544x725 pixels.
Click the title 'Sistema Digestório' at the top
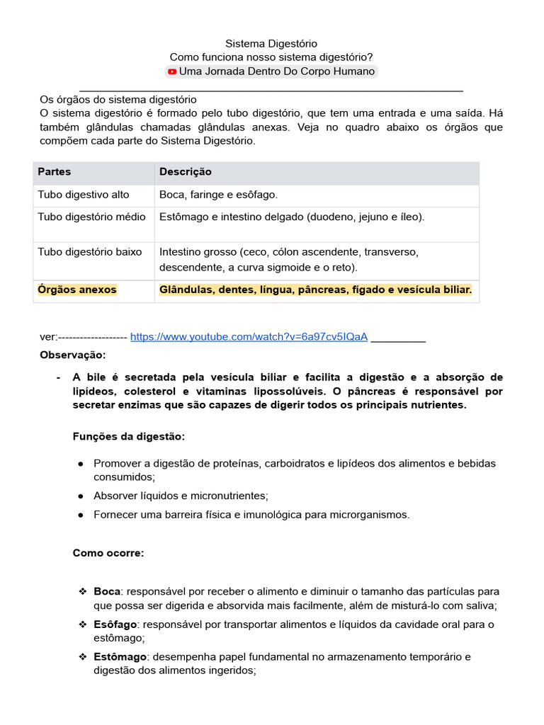click(x=271, y=44)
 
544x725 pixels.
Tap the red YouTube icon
click(x=172, y=72)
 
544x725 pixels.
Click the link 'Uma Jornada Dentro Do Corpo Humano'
click(x=276, y=72)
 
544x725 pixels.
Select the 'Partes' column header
click(x=55, y=172)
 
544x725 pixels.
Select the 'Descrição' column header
click(x=186, y=172)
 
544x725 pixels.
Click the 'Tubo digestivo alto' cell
click(x=84, y=195)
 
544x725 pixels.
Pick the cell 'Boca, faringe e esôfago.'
click(x=218, y=195)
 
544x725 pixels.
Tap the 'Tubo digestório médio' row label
click(x=91, y=217)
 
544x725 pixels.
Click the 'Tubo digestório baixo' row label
click(x=90, y=251)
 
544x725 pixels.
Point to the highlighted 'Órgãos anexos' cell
click(x=77, y=290)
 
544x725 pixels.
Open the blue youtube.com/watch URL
click(x=249, y=336)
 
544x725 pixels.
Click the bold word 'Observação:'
click(x=72, y=354)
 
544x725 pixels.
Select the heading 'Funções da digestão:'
click(x=129, y=436)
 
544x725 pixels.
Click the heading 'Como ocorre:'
click(x=108, y=553)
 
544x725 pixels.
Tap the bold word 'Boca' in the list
click(x=107, y=591)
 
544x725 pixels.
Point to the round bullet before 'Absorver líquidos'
click(x=81, y=496)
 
